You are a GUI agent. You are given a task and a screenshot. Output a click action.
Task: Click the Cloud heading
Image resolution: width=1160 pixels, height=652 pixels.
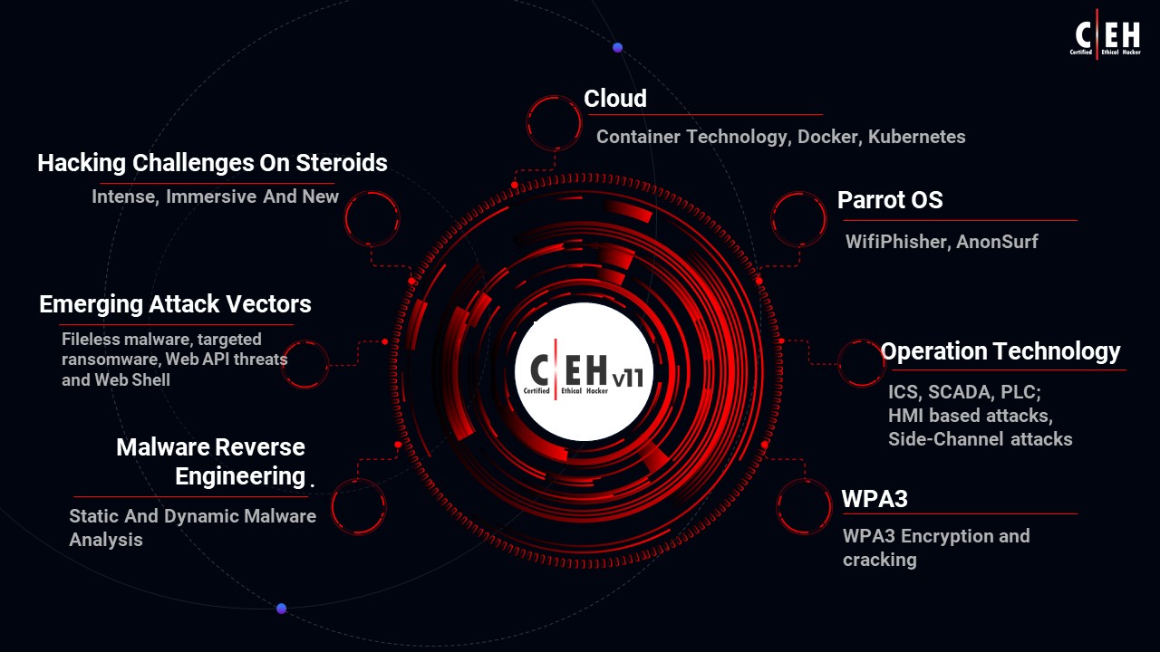coord(615,99)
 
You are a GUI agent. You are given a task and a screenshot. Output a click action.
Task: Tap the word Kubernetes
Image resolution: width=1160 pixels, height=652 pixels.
coord(916,137)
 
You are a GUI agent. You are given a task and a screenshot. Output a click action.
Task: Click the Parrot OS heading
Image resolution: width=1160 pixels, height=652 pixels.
coord(890,200)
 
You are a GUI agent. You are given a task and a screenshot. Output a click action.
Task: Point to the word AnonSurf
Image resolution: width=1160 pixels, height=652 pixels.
coord(997,241)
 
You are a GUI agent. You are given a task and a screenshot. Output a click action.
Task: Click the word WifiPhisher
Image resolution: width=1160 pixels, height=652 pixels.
coord(898,242)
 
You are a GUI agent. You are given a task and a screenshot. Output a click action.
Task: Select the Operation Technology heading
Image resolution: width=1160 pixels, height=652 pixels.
coord(1000,351)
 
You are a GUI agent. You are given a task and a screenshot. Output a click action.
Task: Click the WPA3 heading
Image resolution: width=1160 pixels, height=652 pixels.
coord(875,499)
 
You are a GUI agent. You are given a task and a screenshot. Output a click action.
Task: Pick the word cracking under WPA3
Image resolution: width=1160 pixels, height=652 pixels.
coord(880,560)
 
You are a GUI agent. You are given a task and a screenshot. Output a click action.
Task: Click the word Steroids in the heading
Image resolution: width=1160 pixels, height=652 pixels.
coord(342,163)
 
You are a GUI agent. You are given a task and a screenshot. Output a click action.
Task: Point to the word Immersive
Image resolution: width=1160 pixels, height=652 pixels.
coord(211,197)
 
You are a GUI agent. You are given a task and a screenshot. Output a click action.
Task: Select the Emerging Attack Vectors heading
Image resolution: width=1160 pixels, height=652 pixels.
coord(175,304)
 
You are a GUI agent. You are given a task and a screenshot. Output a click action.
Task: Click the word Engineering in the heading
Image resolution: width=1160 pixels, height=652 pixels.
coord(240,476)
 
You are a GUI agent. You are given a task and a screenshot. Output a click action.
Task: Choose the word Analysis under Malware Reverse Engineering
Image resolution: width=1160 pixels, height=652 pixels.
coord(106,540)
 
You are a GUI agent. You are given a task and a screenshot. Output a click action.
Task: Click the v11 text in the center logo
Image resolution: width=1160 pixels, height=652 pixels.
coord(628,379)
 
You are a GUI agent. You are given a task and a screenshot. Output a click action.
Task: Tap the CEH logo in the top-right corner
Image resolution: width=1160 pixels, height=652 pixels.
coord(1106,34)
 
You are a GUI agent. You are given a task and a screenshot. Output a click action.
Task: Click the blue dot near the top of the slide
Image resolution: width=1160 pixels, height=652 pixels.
coord(617,48)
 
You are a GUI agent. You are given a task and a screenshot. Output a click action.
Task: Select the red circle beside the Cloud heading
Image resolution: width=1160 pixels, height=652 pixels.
coord(554,96)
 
